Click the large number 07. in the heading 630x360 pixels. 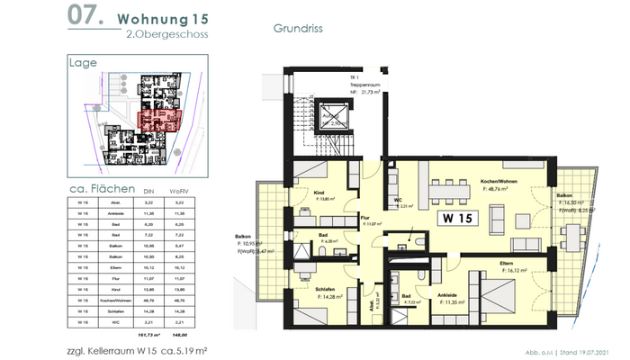point(85,17)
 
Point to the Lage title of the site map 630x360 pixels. point(83,63)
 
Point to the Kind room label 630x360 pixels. point(319,193)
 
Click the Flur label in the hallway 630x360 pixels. point(365,217)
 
